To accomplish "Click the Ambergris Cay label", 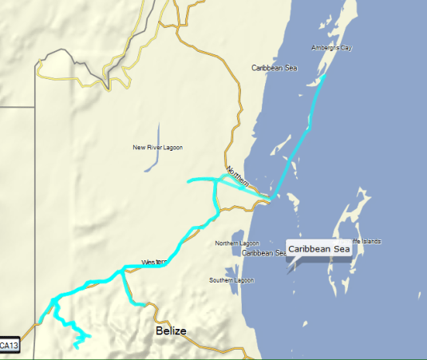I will click(332, 48).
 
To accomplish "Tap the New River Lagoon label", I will click(157, 147).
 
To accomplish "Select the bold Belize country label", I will click(171, 330).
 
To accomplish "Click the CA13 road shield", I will click(9, 346).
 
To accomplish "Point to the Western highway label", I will click(153, 262).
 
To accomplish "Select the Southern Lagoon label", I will click(231, 280).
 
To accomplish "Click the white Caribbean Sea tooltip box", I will click(319, 249).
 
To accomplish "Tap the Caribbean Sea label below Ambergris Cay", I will click(274, 69).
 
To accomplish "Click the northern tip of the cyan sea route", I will click(325, 76).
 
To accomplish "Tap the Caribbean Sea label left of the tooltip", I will click(263, 253).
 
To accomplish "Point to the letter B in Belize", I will click(160, 330).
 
